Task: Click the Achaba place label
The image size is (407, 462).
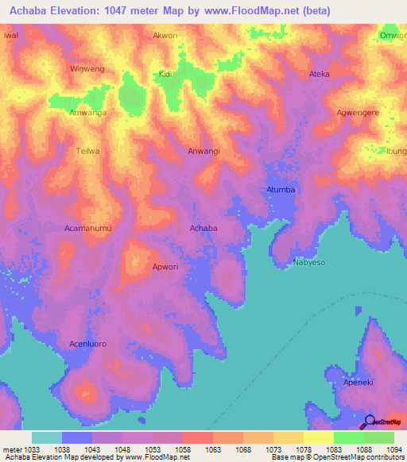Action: coord(203,228)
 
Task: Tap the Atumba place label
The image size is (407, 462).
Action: coord(280,190)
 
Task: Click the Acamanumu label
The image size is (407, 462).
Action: coord(87,228)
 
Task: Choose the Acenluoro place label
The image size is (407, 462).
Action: coord(87,344)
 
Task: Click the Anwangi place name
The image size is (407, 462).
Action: coord(203,151)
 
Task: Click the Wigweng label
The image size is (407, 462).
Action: coord(87,69)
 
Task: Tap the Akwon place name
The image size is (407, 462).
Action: coord(165,36)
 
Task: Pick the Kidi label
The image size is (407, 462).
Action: coord(165,74)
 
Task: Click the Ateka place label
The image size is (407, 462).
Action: coord(319,74)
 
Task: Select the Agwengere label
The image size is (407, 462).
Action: coord(358,113)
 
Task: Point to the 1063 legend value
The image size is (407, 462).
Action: coord(213,449)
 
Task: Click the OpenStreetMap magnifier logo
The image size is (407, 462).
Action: coord(369,422)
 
